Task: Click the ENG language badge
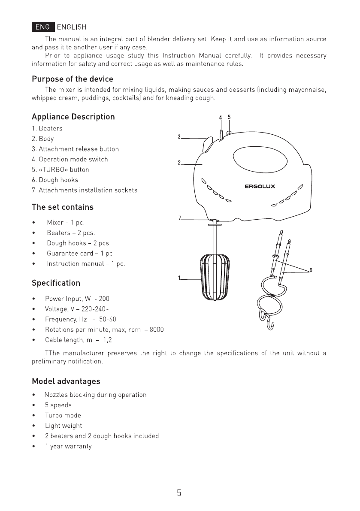pos(43,27)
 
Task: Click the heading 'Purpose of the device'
pos(73,79)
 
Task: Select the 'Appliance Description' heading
pos(73,117)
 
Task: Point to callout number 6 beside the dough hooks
pos(310,270)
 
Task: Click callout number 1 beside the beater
pos(179,277)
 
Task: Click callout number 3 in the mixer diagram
pos(179,137)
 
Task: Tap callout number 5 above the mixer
pos(229,117)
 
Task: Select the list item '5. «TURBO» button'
pos(61,169)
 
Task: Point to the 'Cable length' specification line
pos(79,340)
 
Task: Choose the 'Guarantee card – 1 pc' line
pos(79,253)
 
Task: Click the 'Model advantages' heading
pos(66,381)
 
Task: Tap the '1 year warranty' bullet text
pos(68,446)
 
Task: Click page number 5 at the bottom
pos(179,493)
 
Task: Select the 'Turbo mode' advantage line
pos(63,415)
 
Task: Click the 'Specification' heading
pos(56,283)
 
